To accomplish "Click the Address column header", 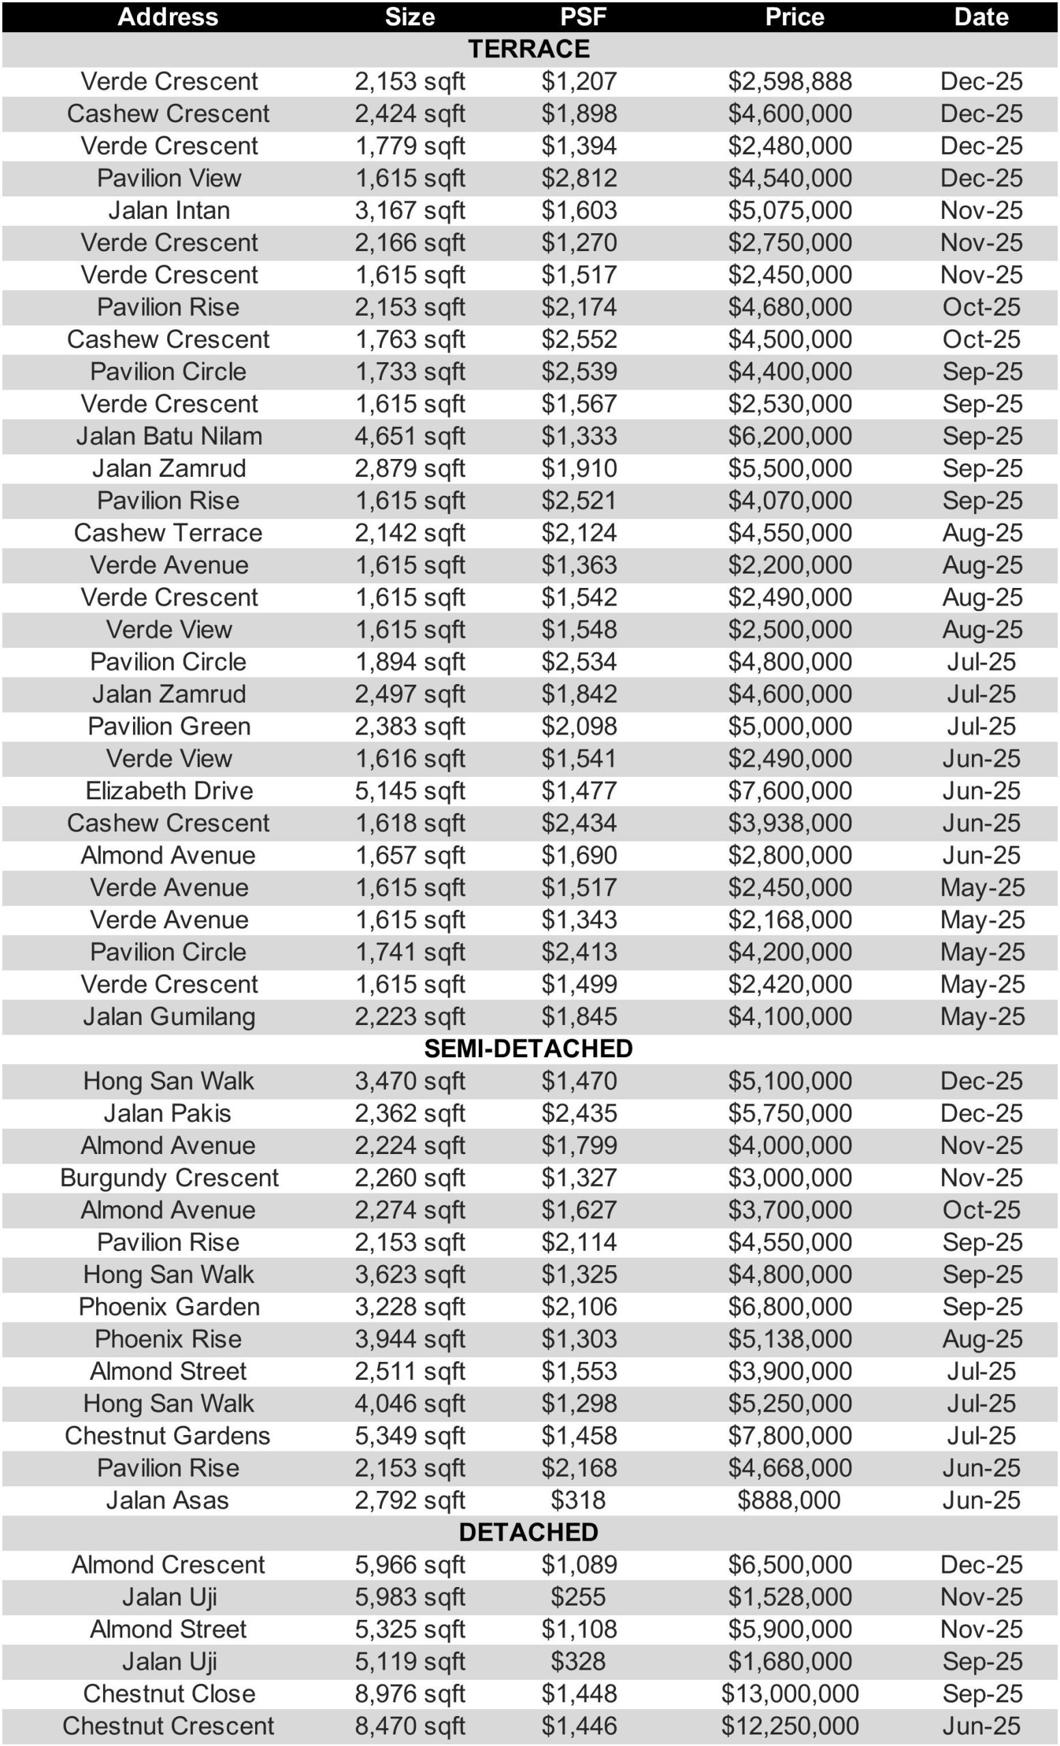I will tap(168, 17).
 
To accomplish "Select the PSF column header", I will tap(583, 17).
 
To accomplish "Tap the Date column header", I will tap(981, 17).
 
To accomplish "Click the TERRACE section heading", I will tap(529, 49).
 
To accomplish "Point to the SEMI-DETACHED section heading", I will tap(529, 1049).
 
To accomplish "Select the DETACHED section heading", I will tap(529, 1532).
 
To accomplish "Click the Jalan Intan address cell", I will tap(168, 211).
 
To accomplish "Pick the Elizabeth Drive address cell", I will tap(168, 790).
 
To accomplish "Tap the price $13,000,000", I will tap(790, 1693).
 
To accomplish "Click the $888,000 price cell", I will tap(789, 1500).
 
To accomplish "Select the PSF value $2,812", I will tap(579, 178).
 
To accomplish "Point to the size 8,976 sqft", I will tap(409, 1693).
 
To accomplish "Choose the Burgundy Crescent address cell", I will tap(168, 1178).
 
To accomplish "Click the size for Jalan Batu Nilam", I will tap(409, 436).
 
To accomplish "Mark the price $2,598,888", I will tap(790, 81).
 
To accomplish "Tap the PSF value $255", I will tap(578, 1597).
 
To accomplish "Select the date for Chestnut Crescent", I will tap(981, 1726).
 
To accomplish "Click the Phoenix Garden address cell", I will tap(168, 1307).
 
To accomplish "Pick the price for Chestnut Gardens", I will tap(790, 1436).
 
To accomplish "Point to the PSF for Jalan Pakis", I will tap(579, 1113).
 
